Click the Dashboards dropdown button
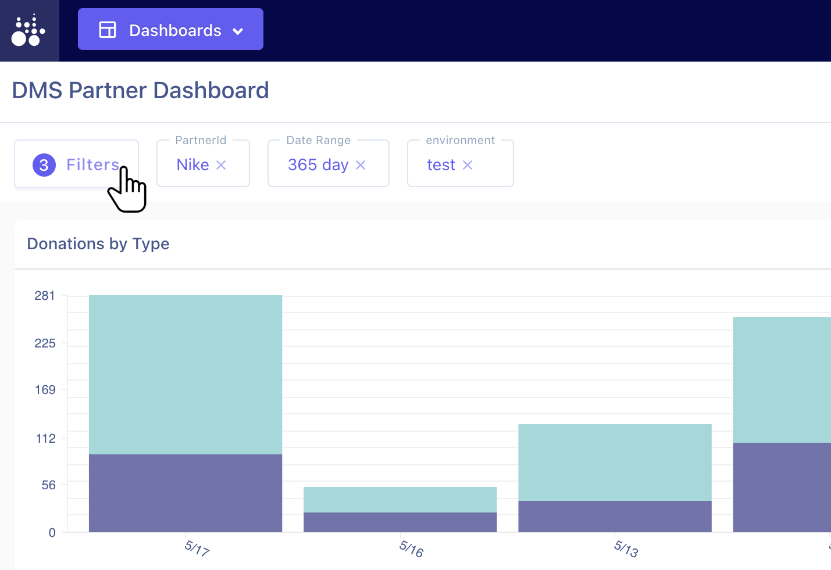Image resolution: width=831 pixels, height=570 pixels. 170,30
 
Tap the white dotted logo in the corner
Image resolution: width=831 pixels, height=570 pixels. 28,31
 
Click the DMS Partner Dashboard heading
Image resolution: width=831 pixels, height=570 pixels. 140,91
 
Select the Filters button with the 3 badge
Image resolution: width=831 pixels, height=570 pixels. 76,164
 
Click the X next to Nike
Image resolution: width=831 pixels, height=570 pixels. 221,165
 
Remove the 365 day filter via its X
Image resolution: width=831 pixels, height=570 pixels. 361,165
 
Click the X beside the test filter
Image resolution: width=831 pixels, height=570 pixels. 468,165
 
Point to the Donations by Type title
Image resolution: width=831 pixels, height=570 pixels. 98,243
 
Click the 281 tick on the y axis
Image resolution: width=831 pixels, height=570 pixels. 45,296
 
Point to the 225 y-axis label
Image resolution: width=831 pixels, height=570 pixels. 45,343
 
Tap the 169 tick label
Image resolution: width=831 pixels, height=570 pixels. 45,390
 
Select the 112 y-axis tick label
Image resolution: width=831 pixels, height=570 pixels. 45,439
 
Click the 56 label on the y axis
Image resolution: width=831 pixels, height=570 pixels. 48,485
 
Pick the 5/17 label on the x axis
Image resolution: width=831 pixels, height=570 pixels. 197,548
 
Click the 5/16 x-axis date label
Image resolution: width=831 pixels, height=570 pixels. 411,548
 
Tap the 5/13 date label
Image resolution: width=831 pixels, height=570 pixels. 626,548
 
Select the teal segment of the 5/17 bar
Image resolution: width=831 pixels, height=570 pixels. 186,375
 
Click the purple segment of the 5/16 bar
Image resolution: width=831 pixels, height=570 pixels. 400,522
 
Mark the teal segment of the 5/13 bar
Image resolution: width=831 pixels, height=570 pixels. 615,463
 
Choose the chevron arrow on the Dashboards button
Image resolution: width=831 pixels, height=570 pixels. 238,31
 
